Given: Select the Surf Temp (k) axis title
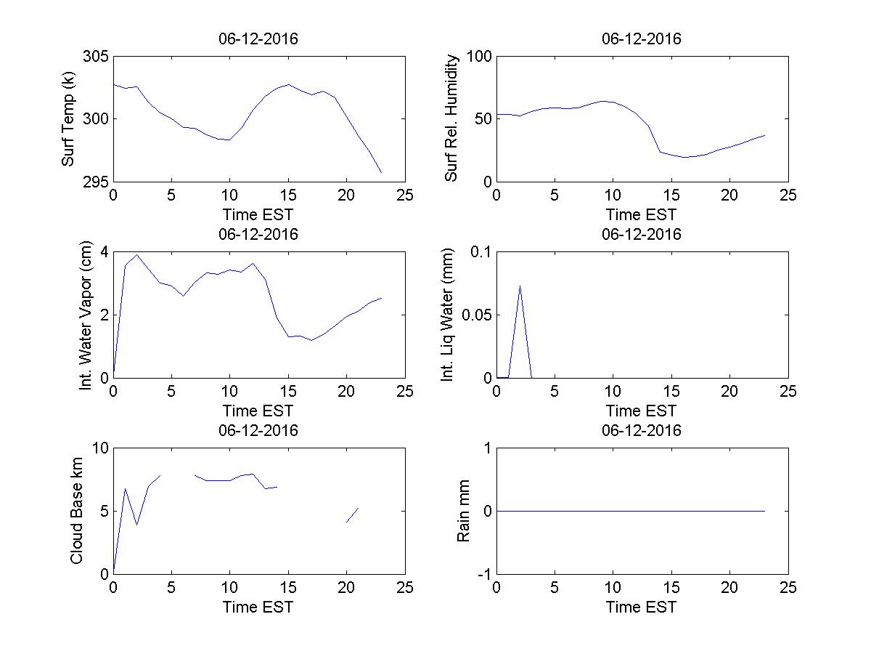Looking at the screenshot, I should tap(69, 118).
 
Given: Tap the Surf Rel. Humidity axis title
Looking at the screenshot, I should tap(452, 118).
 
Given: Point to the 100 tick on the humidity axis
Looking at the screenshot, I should tap(479, 57).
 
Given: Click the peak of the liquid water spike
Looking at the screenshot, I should tap(520, 286).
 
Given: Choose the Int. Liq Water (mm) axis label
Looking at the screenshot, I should tap(449, 315).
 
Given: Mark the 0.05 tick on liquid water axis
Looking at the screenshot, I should tap(475, 315).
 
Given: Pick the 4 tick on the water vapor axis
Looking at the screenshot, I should tap(104, 252).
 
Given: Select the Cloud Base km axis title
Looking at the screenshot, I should tap(76, 511).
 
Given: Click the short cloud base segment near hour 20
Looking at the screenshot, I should tap(352, 515).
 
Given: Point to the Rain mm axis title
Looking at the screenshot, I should tap(464, 511).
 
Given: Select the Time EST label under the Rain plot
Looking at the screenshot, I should tap(641, 607).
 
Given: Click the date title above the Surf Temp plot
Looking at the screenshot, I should tap(258, 39).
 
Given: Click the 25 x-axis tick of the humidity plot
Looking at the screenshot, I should tap(788, 195).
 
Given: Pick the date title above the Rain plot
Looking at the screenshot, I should tap(642, 430).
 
